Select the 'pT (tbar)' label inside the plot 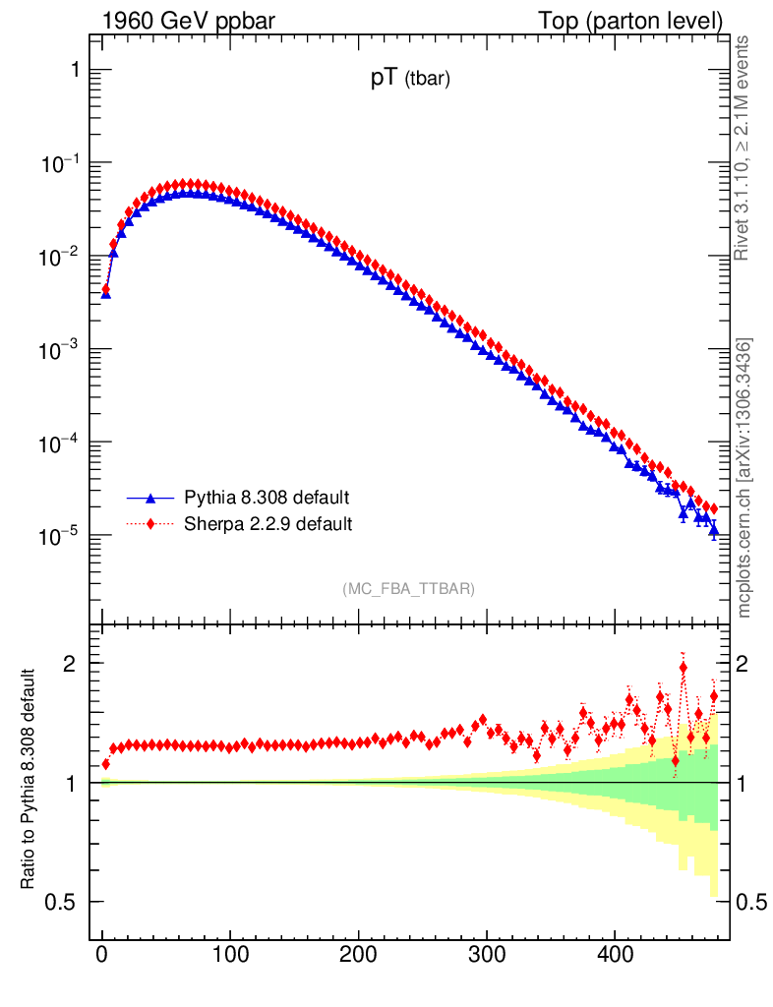(410, 81)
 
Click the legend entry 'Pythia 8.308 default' (267, 498)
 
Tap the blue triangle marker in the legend (151, 498)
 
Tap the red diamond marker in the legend (151, 524)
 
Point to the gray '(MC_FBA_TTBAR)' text (409, 589)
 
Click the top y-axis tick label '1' (75, 70)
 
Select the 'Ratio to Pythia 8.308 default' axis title (30, 781)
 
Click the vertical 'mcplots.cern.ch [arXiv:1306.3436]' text (744, 478)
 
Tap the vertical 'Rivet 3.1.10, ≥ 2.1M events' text (744, 148)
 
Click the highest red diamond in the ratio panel (684, 668)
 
